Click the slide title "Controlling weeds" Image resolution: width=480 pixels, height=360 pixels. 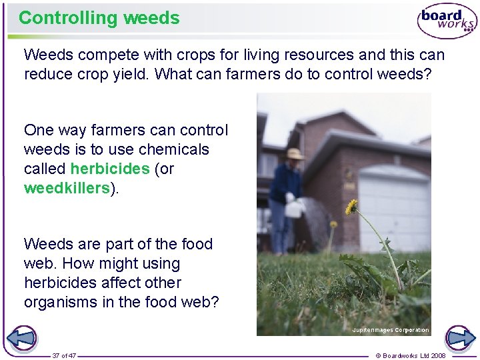(99, 18)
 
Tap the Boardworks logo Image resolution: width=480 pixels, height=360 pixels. (447, 21)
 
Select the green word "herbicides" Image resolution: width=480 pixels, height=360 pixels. (110, 169)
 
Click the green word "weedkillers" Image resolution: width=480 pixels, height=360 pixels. (67, 188)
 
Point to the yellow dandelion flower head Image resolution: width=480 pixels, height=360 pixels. (351, 207)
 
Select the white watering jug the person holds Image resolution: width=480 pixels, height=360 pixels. (293, 208)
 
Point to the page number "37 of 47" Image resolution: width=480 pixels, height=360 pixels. (65, 355)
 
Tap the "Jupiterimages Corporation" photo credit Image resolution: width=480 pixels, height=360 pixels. (391, 330)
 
